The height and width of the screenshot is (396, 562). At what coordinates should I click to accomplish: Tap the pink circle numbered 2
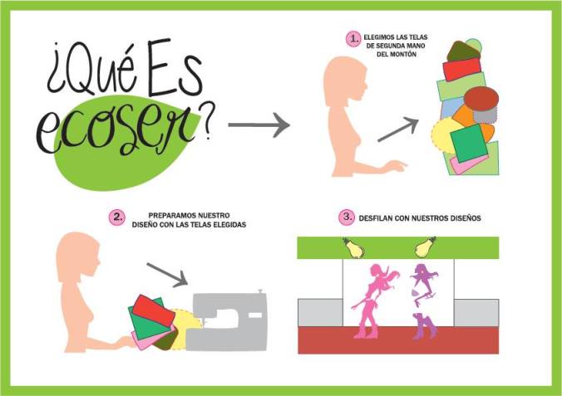[118, 218]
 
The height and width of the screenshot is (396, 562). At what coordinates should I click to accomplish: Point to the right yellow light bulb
[424, 247]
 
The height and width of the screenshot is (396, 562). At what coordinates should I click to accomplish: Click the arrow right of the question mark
[259, 126]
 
